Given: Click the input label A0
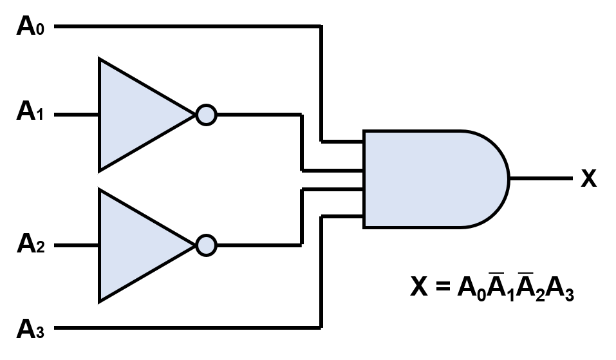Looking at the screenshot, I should coord(30,27).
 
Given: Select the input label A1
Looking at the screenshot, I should coord(30,113).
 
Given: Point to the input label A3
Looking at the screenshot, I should coord(30,329).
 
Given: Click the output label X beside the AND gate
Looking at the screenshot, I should coord(588,178).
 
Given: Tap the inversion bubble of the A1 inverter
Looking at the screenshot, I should coord(206,115).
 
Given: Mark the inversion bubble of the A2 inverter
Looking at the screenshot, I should coord(206,245).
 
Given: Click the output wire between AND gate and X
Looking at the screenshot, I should coord(541,178).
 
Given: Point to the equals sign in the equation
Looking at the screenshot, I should coord(442,287).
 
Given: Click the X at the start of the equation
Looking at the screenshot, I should coord(419,287).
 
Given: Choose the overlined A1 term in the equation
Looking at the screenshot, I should coord(499,287).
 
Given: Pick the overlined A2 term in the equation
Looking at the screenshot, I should coord(529,287).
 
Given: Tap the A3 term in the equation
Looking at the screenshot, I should coord(559,288).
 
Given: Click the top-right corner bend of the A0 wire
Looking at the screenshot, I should coord(321,27).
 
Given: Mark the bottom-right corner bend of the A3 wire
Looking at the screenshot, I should coord(321,328).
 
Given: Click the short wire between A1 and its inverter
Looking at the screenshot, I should coord(76,115).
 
